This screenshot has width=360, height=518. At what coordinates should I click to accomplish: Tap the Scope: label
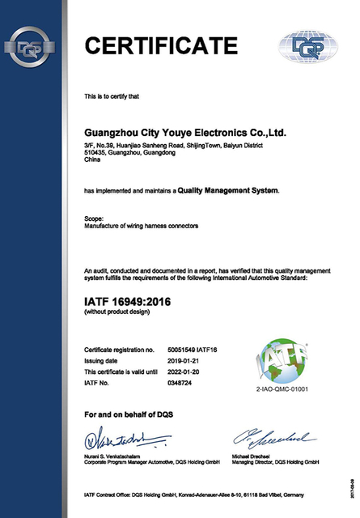[x=94, y=219]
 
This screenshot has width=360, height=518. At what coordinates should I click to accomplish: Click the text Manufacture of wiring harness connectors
[x=142, y=227]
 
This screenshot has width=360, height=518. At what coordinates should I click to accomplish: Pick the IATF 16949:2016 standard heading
[x=129, y=302]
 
